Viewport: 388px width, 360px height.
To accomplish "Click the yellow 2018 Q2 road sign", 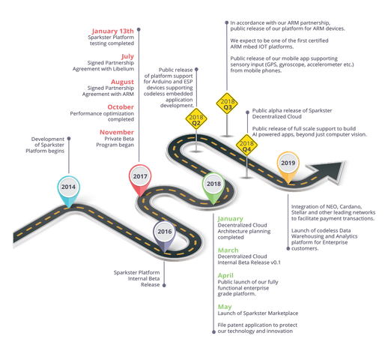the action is point(196,119).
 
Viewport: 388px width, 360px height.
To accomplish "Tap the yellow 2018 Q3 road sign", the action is point(227,103).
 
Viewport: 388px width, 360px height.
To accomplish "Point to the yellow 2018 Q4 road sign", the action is point(246,145).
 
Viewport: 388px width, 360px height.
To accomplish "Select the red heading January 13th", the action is point(113,31).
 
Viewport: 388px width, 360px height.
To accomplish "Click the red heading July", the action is point(127,56).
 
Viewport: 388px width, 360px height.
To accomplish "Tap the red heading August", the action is point(122,82).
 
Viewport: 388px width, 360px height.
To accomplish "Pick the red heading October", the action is point(121,107).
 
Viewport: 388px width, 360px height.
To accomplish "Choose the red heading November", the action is point(117,132).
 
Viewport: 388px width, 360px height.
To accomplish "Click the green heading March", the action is point(228,250).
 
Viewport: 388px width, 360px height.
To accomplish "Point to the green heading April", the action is point(225,275).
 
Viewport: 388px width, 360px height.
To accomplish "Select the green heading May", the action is point(225,307).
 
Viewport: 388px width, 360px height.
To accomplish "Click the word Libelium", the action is point(124,69).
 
